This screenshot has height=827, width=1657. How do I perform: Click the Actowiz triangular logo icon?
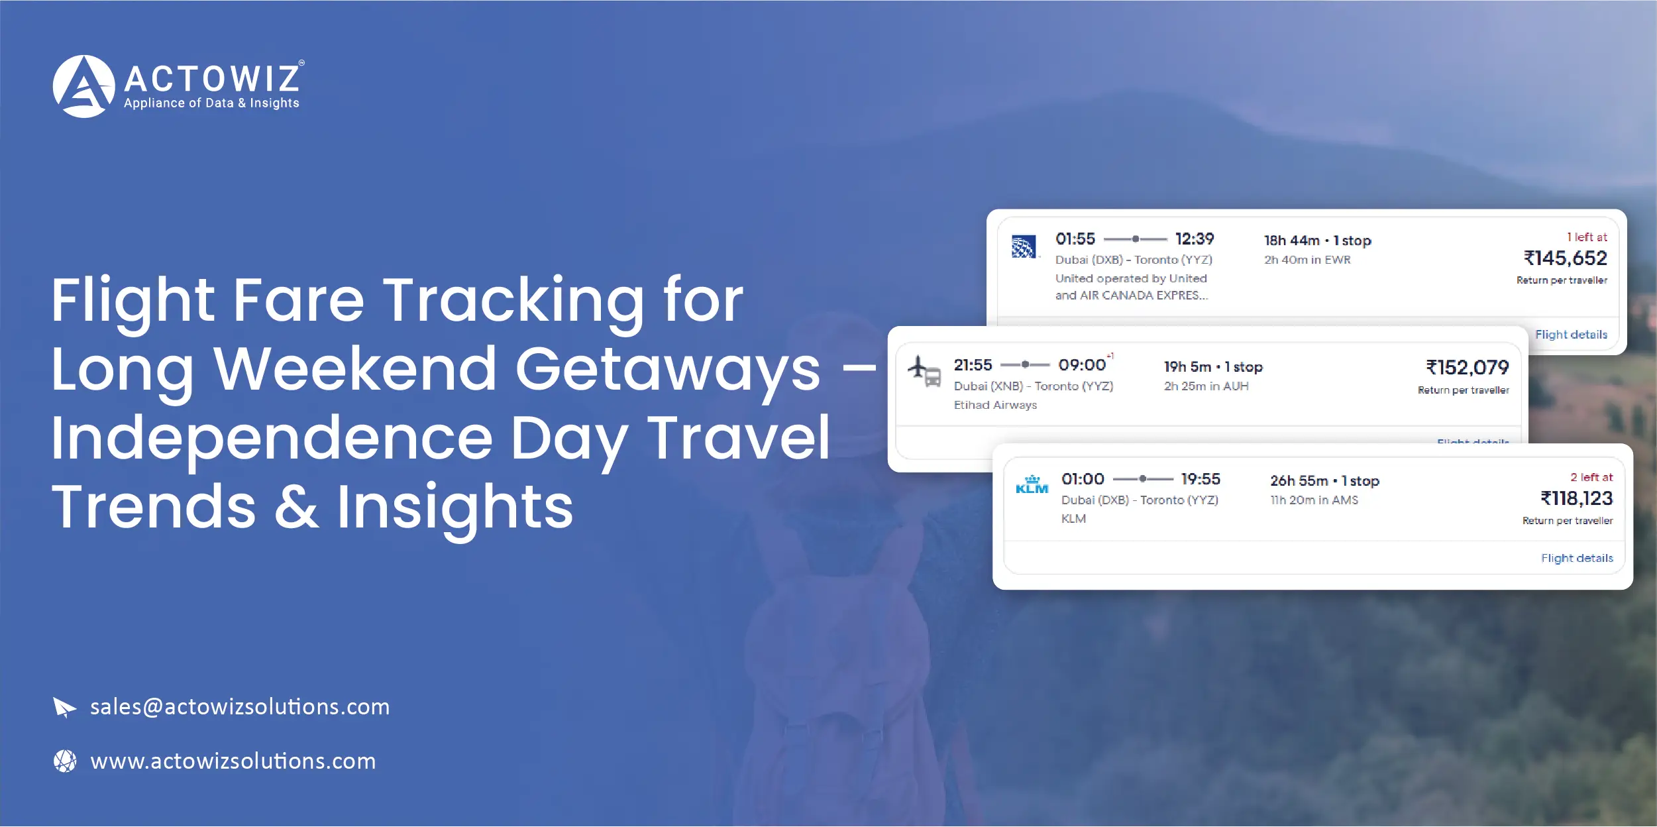pyautogui.click(x=83, y=86)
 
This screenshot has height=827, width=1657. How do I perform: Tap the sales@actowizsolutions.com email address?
pyautogui.click(x=240, y=707)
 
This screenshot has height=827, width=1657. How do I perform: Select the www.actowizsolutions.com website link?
pyautogui.click(x=233, y=761)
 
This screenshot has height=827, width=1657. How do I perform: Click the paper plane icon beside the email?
pyautogui.click(x=64, y=707)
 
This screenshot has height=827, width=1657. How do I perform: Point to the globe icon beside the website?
pyautogui.click(x=65, y=761)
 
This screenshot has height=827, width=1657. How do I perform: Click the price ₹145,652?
pyautogui.click(x=1565, y=258)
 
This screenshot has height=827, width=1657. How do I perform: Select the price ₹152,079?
pyautogui.click(x=1467, y=367)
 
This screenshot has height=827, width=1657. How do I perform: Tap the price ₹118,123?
pyautogui.click(x=1576, y=498)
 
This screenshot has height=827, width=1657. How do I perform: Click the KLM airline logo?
pyautogui.click(x=1032, y=486)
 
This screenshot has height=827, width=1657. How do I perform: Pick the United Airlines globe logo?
pyautogui.click(x=1024, y=247)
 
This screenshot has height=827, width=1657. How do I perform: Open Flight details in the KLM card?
pyautogui.click(x=1577, y=558)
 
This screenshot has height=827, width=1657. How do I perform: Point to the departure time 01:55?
pyautogui.click(x=1075, y=239)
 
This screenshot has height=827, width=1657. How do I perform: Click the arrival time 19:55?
pyautogui.click(x=1200, y=479)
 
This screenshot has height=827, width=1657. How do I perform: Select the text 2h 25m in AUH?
pyautogui.click(x=1206, y=386)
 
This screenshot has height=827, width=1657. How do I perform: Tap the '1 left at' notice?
pyautogui.click(x=1587, y=237)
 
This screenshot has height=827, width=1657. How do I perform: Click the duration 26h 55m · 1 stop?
pyautogui.click(x=1324, y=481)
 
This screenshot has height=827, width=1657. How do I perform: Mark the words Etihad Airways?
pyautogui.click(x=995, y=405)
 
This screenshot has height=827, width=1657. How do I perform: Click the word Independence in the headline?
pyautogui.click(x=272, y=438)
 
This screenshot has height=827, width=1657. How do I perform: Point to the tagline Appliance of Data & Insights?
pyautogui.click(x=211, y=103)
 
